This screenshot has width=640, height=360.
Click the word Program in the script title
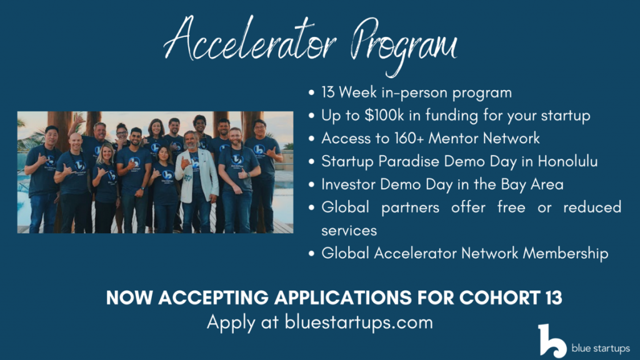pyautogui.click(x=404, y=46)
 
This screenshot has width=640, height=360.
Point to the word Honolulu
pyautogui.click(x=567, y=161)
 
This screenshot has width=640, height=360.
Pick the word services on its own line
pyautogui.click(x=349, y=231)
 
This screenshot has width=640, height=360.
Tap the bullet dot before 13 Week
pyautogui.click(x=312, y=92)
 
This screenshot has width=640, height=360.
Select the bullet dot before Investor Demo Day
pyautogui.click(x=312, y=184)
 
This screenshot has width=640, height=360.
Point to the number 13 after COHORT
pyautogui.click(x=553, y=297)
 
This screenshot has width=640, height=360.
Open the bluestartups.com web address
pyautogui.click(x=359, y=322)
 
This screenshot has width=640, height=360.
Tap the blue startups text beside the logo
pyautogui.click(x=601, y=349)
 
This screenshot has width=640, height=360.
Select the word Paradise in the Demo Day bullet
pyautogui.click(x=409, y=161)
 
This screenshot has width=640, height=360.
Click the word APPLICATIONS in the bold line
pyautogui.click(x=343, y=297)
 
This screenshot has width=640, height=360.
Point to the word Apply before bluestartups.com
pyautogui.click(x=231, y=323)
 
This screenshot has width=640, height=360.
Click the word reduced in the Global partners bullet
pyautogui.click(x=592, y=207)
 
